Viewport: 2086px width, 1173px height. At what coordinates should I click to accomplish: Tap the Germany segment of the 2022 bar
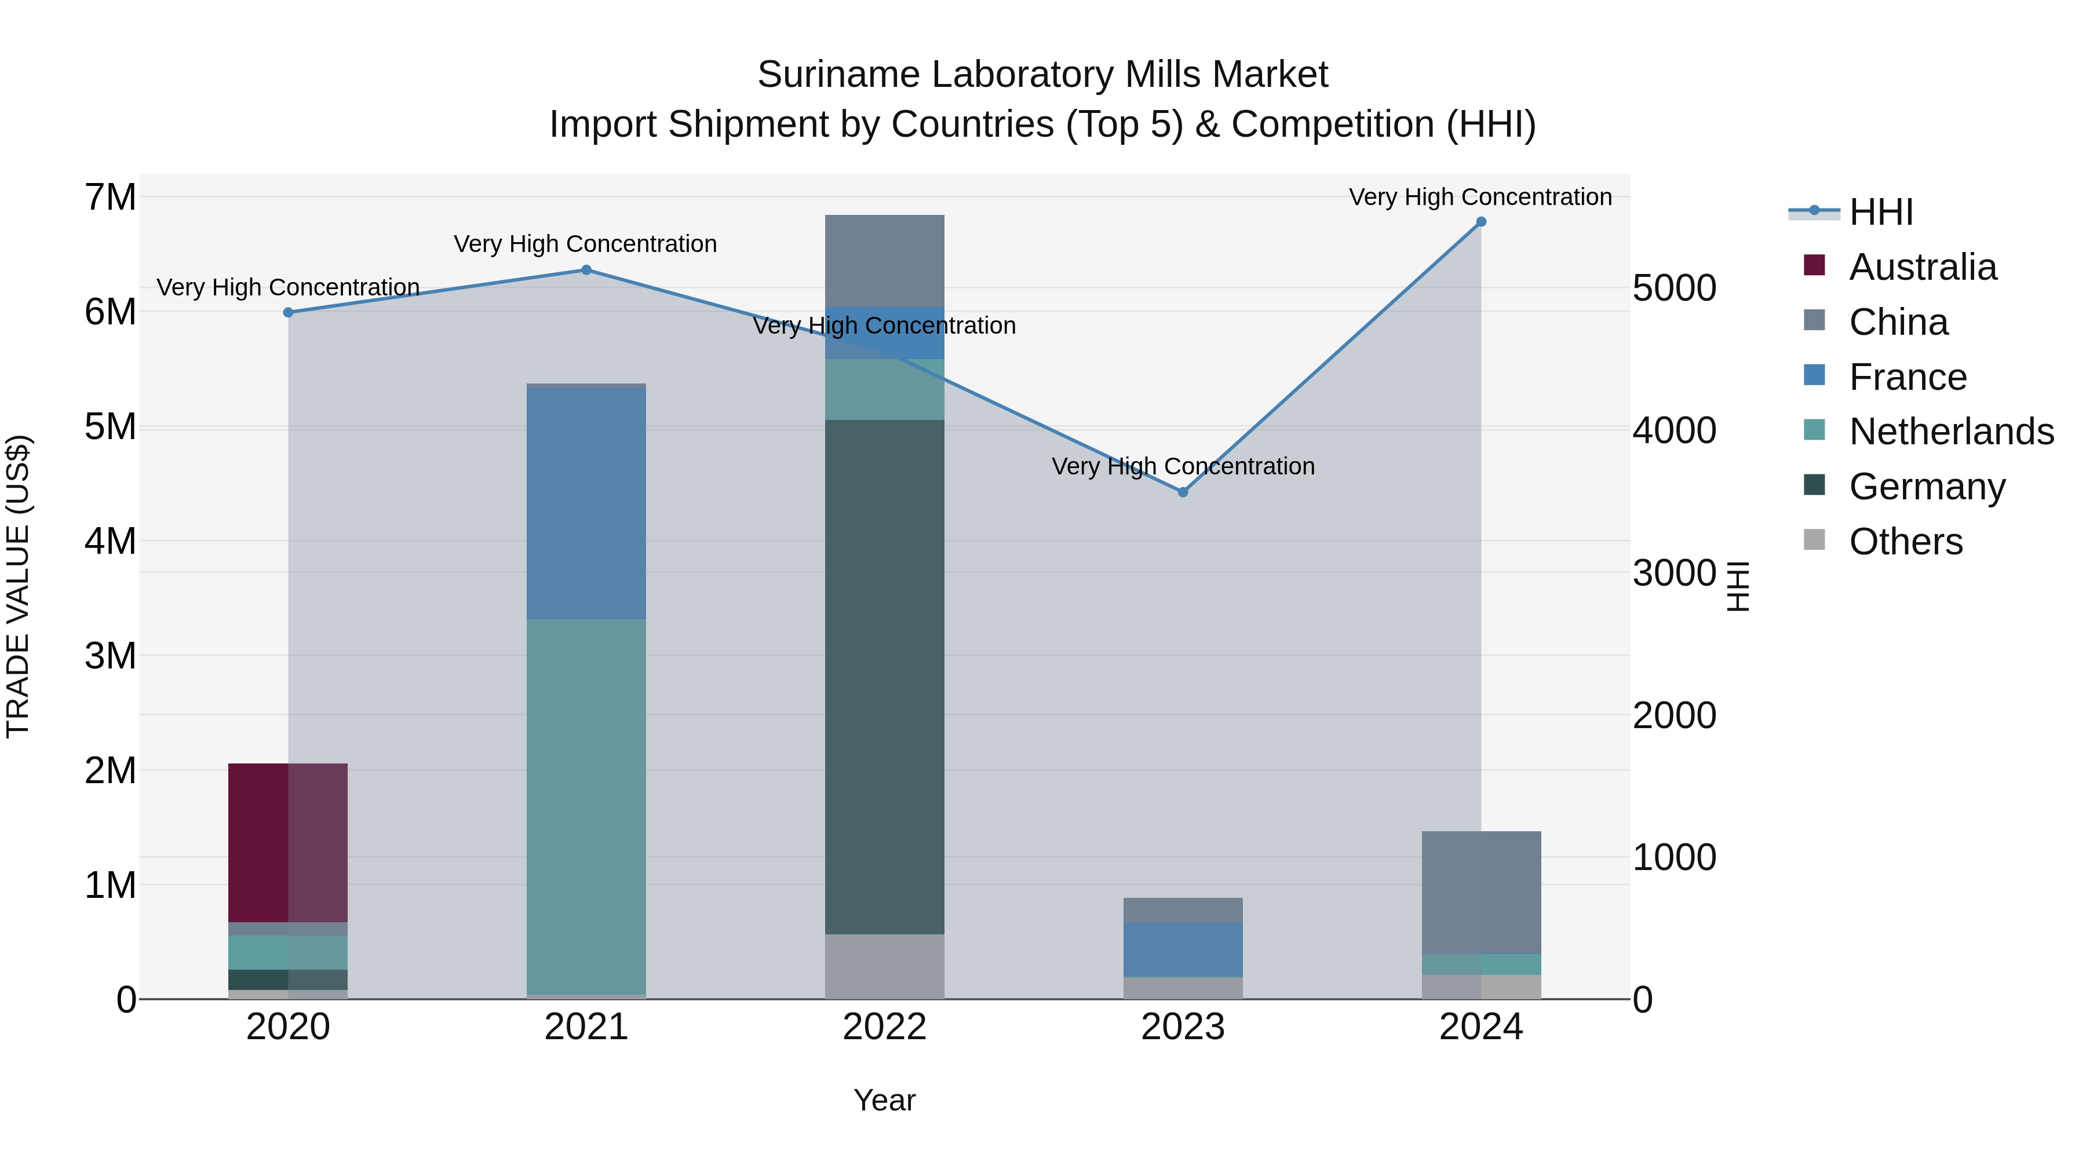click(x=884, y=676)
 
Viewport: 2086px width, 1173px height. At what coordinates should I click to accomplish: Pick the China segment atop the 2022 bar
click(x=884, y=260)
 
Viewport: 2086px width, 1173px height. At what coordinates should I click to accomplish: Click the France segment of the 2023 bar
click(x=1182, y=949)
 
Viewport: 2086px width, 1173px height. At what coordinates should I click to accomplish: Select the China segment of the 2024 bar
click(x=1481, y=892)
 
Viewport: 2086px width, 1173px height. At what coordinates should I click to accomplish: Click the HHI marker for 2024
click(x=1481, y=222)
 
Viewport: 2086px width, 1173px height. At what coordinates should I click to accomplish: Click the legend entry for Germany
click(x=1927, y=487)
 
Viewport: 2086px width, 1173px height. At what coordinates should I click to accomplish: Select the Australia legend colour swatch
click(x=1815, y=265)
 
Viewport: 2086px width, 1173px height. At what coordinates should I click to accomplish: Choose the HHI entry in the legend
click(x=1880, y=212)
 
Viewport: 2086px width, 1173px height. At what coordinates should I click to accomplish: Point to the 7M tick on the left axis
click(x=111, y=198)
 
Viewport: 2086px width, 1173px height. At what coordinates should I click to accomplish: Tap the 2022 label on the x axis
click(x=884, y=1027)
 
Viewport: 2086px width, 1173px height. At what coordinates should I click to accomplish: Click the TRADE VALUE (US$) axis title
click(x=18, y=586)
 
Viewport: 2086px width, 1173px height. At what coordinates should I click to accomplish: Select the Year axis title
click(x=884, y=1100)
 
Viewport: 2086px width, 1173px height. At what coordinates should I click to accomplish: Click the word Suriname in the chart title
click(x=839, y=75)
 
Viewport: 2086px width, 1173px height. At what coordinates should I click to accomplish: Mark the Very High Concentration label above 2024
click(x=1480, y=197)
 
